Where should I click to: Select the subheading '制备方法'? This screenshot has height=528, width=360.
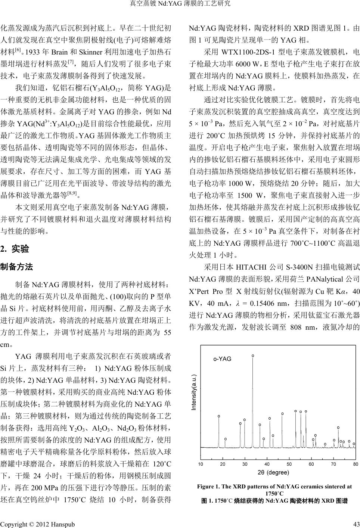17,267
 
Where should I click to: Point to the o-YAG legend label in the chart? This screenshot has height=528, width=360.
222,359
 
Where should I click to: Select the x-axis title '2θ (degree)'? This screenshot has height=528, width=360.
274,472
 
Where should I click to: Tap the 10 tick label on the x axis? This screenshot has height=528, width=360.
201,464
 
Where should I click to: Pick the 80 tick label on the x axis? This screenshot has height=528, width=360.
355,464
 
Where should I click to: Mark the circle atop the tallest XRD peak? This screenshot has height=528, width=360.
253,355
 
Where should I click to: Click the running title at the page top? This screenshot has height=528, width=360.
180,4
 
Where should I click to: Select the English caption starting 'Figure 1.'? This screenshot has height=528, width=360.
274,490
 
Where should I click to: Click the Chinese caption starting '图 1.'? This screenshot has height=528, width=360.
274,500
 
